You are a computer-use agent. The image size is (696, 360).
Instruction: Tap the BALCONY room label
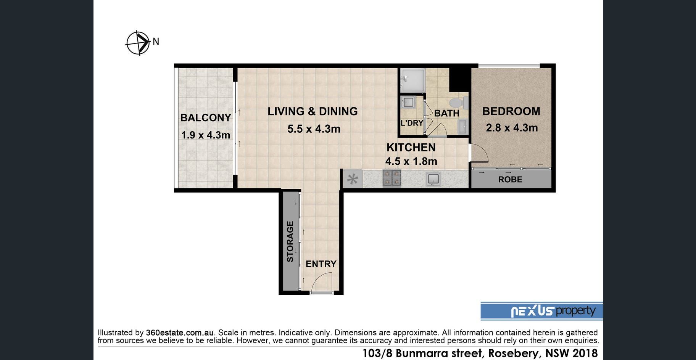pos(206,117)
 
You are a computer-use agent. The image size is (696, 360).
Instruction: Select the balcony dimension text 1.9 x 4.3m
pos(206,135)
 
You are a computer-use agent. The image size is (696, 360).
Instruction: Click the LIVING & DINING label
pos(313,111)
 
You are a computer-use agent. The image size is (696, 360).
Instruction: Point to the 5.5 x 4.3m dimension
pos(314,129)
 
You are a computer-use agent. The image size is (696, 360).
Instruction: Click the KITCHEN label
pos(411,147)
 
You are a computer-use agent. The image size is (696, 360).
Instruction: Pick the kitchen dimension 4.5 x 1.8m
pos(411,161)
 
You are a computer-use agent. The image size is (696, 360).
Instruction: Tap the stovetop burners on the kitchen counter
pos(392,178)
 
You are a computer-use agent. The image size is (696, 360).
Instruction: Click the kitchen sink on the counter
pos(433,179)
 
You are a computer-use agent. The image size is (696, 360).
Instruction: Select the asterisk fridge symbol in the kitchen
pos(353,179)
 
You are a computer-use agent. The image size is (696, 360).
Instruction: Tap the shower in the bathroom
pos(412,80)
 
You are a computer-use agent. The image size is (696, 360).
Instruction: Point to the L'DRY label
pos(412,123)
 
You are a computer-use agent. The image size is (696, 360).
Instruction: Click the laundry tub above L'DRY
pos(408,102)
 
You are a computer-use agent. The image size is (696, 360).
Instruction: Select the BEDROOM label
pos(511,111)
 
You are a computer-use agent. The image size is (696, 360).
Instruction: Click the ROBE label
pos(510,179)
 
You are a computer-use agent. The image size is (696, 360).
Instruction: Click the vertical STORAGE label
pos(290,241)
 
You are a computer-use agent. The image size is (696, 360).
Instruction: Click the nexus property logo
pos(542,311)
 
